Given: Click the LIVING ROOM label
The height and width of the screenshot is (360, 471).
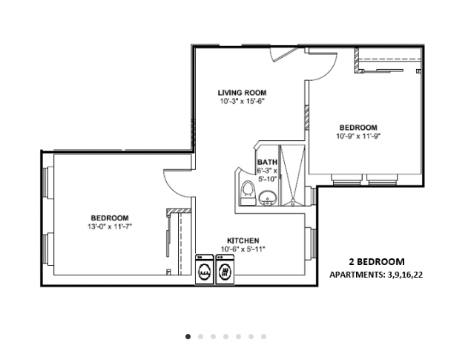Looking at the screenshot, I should pyautogui.click(x=242, y=93).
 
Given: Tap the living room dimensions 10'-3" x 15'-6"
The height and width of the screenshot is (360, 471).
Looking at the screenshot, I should pyautogui.click(x=242, y=101).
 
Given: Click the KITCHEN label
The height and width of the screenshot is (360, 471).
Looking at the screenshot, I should pyautogui.click(x=243, y=240).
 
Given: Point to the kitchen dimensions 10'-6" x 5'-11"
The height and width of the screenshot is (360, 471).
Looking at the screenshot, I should pyautogui.click(x=243, y=249).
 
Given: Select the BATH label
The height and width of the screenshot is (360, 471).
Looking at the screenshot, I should pyautogui.click(x=267, y=162).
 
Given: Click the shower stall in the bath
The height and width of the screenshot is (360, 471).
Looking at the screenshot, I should pyautogui.click(x=293, y=174).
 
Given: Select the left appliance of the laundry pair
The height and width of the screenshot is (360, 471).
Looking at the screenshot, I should pyautogui.click(x=204, y=270).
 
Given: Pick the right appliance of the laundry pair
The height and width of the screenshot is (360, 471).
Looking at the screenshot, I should pyautogui.click(x=225, y=270).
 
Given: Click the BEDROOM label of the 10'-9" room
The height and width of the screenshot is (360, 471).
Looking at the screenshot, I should pyautogui.click(x=358, y=128).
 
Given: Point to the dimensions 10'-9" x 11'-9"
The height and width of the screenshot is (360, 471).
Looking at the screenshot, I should pyautogui.click(x=358, y=136).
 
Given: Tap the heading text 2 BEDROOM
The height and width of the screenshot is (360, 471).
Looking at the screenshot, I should pyautogui.click(x=376, y=261).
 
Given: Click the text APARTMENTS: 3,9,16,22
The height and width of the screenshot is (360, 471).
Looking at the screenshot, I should pyautogui.click(x=376, y=274).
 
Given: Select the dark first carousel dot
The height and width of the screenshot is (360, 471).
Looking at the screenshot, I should pyautogui.click(x=188, y=336).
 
